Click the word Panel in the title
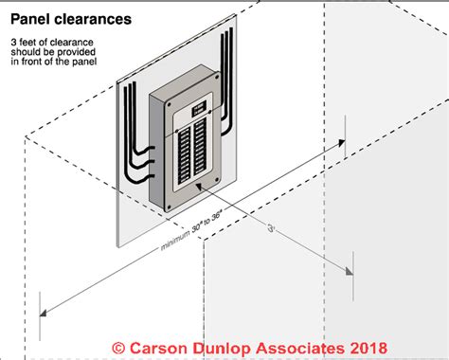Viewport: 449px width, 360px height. (x=30, y=19)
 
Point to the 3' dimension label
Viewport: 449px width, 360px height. (x=271, y=227)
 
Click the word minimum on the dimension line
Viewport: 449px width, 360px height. (x=175, y=241)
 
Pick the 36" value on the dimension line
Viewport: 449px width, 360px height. (x=217, y=216)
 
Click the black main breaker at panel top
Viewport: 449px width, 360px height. (x=199, y=108)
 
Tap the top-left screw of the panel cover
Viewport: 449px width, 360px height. (x=170, y=104)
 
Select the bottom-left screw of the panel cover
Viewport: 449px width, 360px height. (x=169, y=207)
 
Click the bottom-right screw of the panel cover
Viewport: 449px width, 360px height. (x=217, y=180)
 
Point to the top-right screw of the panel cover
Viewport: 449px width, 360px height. (x=217, y=77)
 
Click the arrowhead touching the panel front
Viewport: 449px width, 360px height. (x=200, y=187)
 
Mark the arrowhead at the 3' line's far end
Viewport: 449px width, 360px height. (x=350, y=271)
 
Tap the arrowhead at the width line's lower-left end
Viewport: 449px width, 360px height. (x=44, y=313)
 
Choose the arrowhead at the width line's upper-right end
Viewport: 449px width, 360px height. (x=342, y=142)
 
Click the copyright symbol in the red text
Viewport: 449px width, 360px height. (x=118, y=348)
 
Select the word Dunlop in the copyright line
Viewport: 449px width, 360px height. (x=223, y=349)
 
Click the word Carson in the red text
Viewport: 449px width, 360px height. (x=158, y=349)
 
